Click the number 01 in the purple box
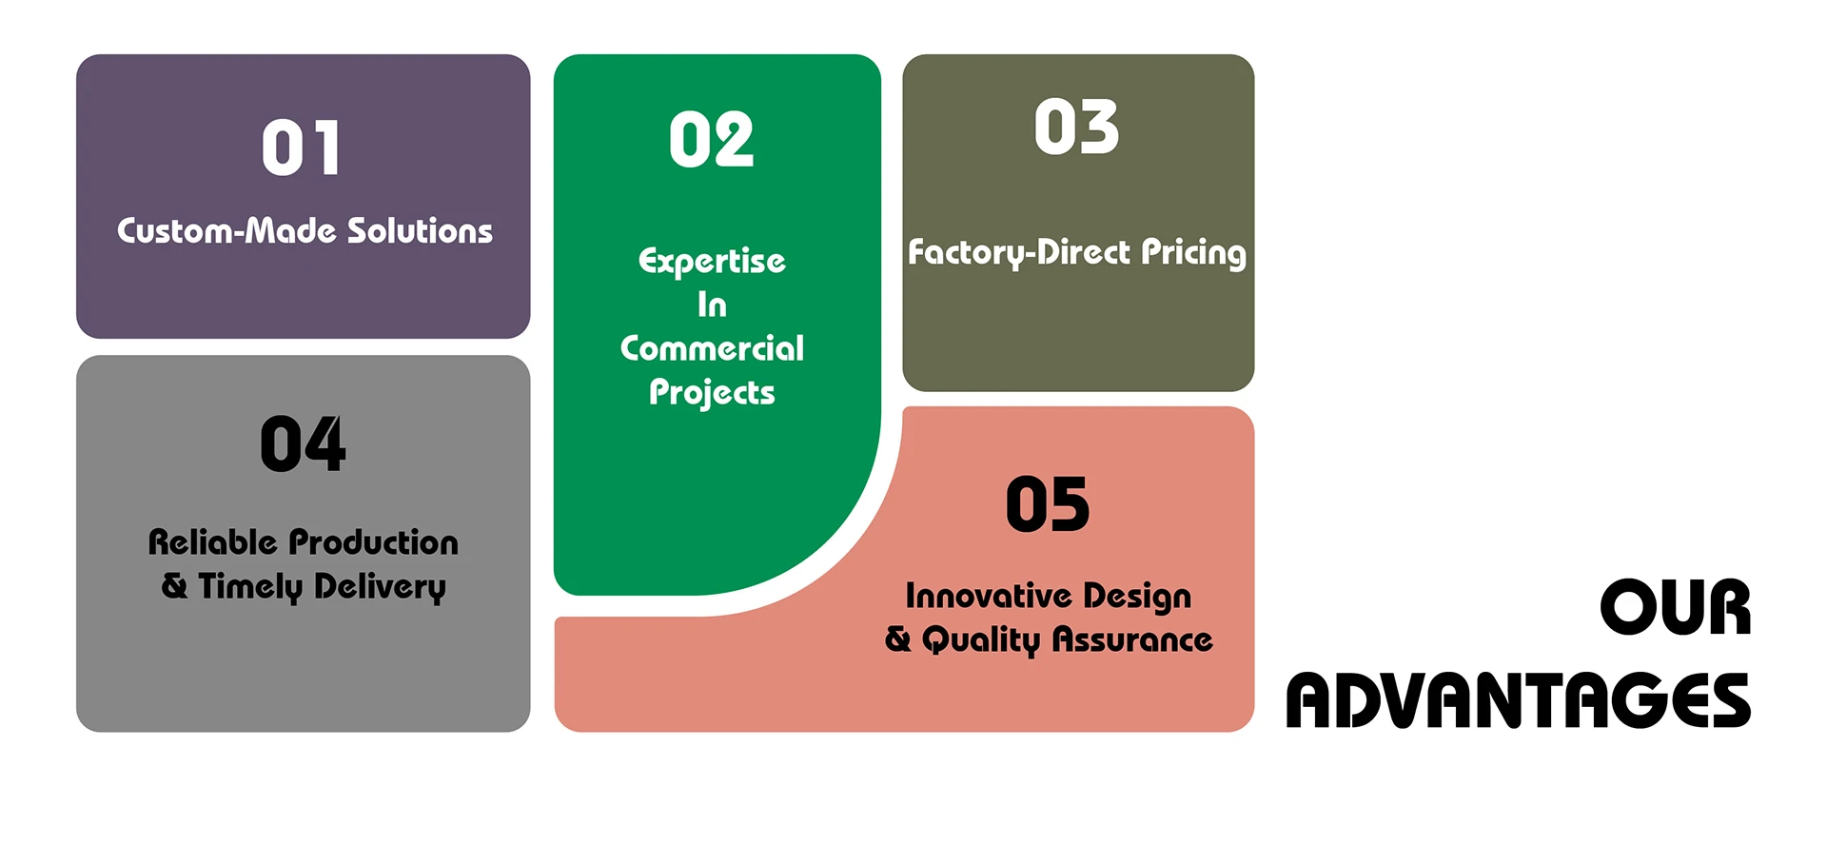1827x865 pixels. [301, 148]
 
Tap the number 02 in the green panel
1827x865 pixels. [711, 140]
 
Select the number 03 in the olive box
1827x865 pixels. [1076, 127]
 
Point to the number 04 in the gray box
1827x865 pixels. [303, 443]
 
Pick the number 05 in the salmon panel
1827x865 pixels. [1048, 504]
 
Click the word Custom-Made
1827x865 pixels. [226, 230]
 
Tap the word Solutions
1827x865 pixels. [420, 230]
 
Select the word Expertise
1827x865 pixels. [712, 262]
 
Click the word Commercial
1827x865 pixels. [712, 348]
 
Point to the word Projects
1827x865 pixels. [712, 393]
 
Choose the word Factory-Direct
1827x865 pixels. [1019, 252]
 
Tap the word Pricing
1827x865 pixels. [1193, 252]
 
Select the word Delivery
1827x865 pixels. [380, 587]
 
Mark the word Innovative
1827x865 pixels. [988, 596]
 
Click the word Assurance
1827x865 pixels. [1132, 639]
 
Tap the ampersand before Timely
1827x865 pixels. [175, 585]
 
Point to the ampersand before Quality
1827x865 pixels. [898, 639]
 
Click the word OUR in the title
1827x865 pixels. [1676, 607]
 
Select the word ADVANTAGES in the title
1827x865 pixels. [1519, 700]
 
